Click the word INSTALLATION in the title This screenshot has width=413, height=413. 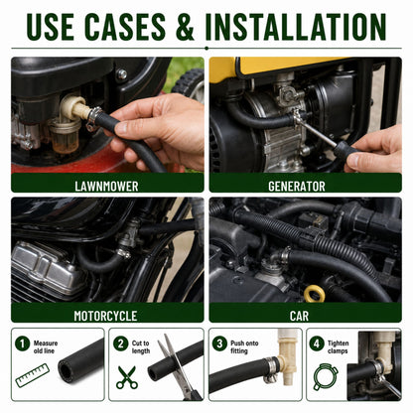296,27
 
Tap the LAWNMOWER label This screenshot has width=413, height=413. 106,186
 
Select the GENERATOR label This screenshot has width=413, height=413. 297,186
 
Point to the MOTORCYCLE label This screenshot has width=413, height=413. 105,316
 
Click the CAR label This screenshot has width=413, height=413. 299,316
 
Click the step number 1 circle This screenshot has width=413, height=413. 23,344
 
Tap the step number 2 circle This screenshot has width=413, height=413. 120,344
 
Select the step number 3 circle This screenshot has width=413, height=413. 219,344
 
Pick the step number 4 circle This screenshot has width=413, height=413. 317,344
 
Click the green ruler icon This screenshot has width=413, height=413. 32,375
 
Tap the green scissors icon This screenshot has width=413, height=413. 127,377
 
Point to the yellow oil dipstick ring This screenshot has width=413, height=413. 314,294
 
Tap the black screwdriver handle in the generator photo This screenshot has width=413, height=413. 345,151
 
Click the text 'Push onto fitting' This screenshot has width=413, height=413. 244,346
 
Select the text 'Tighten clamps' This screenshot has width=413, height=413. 338,346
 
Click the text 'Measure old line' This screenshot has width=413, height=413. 46,346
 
